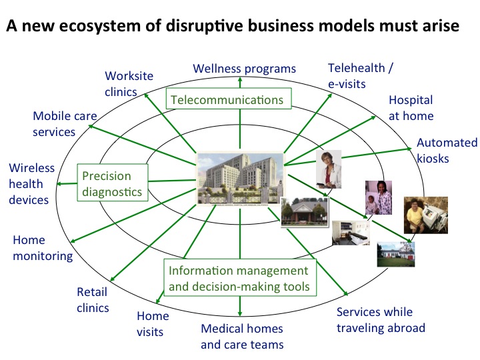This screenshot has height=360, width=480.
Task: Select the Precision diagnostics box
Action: coord(111,184)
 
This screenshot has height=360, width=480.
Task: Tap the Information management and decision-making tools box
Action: coord(239,279)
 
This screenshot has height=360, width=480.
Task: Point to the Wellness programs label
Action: coord(244,68)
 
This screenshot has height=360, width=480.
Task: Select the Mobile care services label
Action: coord(65,124)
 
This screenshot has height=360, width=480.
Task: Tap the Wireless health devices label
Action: coord(29,184)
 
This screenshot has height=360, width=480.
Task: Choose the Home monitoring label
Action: coord(43,247)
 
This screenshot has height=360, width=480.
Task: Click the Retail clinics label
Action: coord(93,299)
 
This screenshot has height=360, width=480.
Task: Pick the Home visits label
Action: coord(153,323)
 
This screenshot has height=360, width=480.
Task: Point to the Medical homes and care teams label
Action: coord(242,337)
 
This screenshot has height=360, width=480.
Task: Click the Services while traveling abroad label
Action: coord(381,320)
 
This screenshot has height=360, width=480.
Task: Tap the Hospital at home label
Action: coord(411,108)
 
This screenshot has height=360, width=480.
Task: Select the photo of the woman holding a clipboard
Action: coord(329,170)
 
